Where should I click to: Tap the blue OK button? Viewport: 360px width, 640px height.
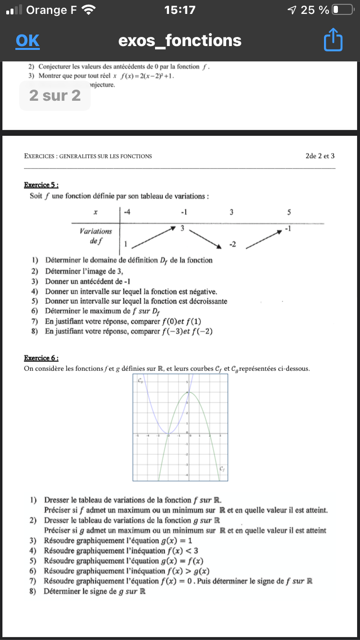click(x=27, y=41)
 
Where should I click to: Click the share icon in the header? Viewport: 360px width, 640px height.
click(x=333, y=41)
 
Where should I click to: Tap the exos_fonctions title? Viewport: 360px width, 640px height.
click(x=180, y=41)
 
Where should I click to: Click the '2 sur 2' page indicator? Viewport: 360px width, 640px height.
click(x=55, y=95)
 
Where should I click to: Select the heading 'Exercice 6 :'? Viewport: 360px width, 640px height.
click(x=41, y=358)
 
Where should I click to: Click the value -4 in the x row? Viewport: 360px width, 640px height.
click(x=127, y=212)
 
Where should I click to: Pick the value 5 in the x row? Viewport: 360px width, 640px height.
click(x=289, y=212)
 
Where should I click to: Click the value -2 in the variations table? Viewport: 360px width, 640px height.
click(x=232, y=245)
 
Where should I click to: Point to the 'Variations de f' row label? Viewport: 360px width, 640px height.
click(x=96, y=236)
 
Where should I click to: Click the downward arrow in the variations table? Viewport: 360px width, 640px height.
click(x=205, y=238)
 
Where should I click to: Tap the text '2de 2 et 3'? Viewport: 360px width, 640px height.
click(x=320, y=156)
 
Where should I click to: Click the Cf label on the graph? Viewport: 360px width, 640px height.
click(x=222, y=469)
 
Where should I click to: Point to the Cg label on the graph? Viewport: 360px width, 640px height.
click(x=140, y=381)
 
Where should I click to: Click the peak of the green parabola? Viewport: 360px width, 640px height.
click(x=190, y=392)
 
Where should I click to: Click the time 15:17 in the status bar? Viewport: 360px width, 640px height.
click(x=180, y=10)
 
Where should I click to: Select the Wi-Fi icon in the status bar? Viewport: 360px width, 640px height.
click(x=89, y=10)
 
